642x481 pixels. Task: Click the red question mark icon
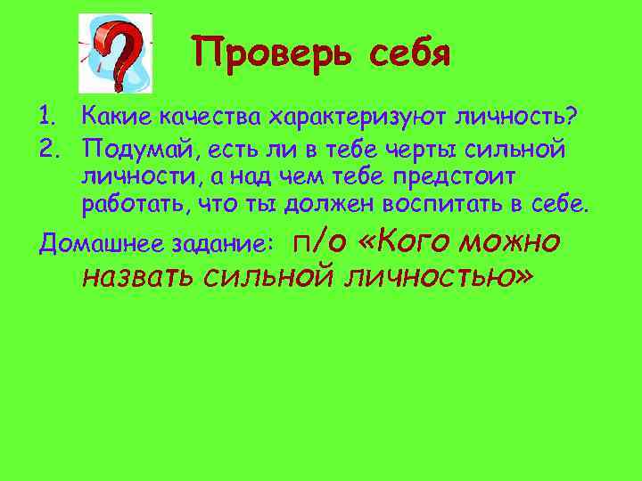coord(115,53)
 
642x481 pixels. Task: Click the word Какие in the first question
coord(112,116)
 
